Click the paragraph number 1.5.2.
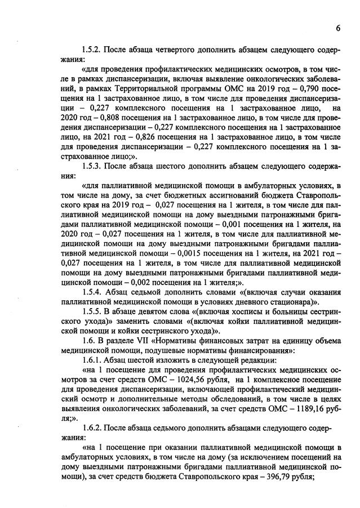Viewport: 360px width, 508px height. pos(93,50)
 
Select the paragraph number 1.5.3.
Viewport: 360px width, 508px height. pos(93,166)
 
